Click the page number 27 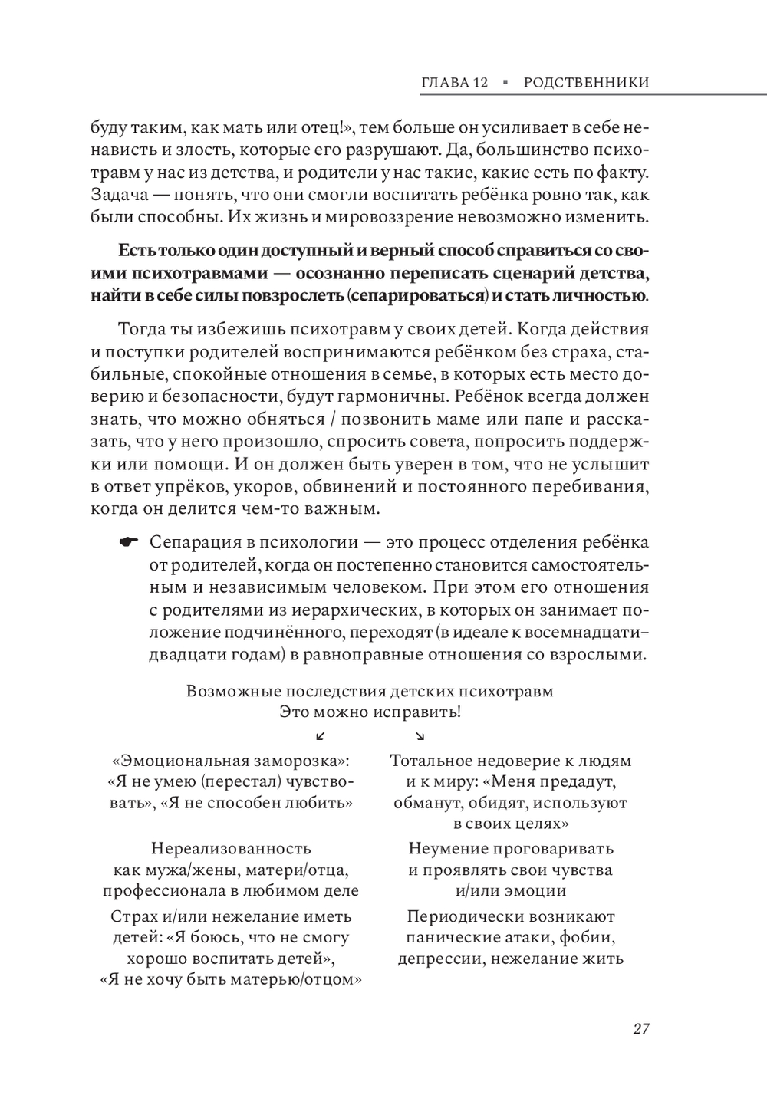coord(641,1029)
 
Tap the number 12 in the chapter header coord(480,83)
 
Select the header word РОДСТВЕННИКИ coord(586,83)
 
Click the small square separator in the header coord(506,83)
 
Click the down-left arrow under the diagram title coord(321,736)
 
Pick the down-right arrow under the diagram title coord(420,736)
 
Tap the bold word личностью coord(603,296)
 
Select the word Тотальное coord(429,761)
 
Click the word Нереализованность coord(231,849)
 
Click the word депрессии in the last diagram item coord(439,959)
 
